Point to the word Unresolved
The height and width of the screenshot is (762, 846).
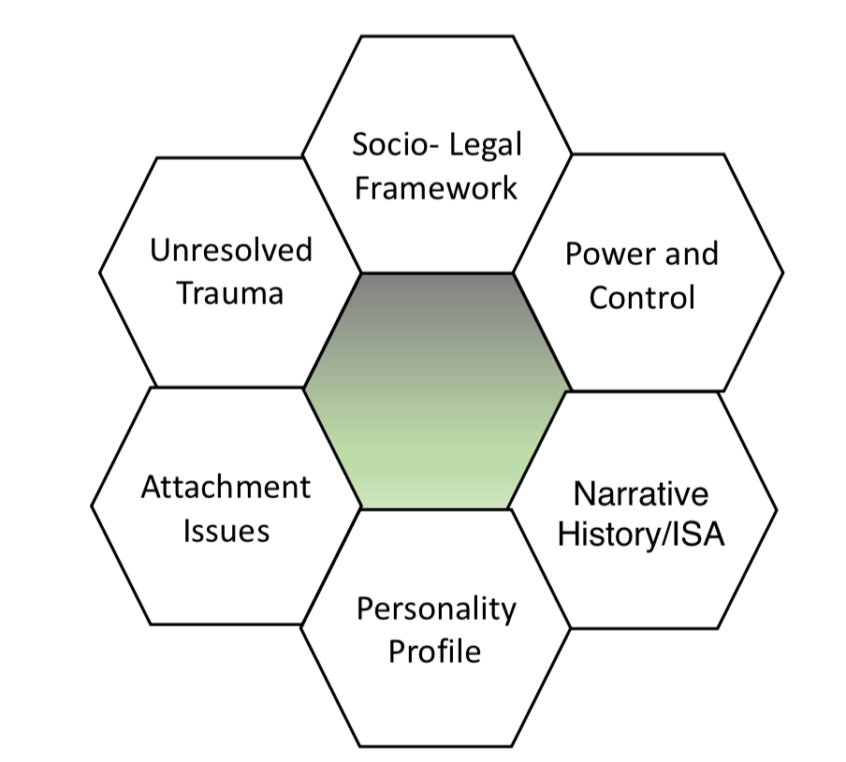pos(231,251)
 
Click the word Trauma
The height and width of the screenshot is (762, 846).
pos(230,293)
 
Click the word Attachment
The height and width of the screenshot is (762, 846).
pos(226,488)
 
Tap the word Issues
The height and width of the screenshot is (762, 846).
pos(226,531)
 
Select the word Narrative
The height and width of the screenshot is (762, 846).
pos(641,493)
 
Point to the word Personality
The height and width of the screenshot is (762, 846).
pos(436,609)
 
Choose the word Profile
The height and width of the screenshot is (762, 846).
pos(435,651)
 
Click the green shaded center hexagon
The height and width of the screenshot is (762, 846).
pos(436,391)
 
